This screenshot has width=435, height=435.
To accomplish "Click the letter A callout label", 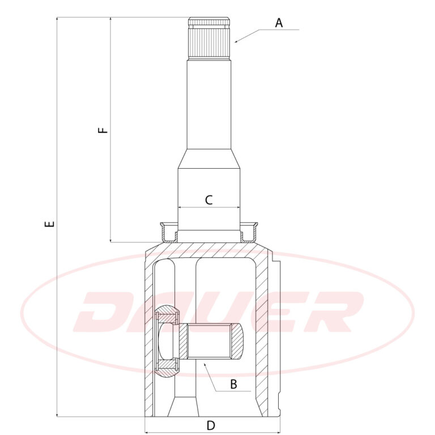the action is click(279, 23).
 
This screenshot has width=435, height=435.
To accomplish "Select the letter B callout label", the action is click(233, 384).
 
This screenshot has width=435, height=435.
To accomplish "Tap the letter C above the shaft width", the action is click(208, 200).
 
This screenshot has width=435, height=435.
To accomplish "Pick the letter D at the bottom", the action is click(211, 425).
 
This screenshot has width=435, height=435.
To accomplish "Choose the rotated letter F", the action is click(103, 130).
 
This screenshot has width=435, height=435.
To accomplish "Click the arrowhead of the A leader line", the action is click(236, 41).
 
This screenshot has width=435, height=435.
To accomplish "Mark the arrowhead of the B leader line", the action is click(204, 364).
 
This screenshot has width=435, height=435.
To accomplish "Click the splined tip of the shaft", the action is click(210, 39).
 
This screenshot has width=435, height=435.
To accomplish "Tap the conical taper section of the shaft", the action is click(209, 159).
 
